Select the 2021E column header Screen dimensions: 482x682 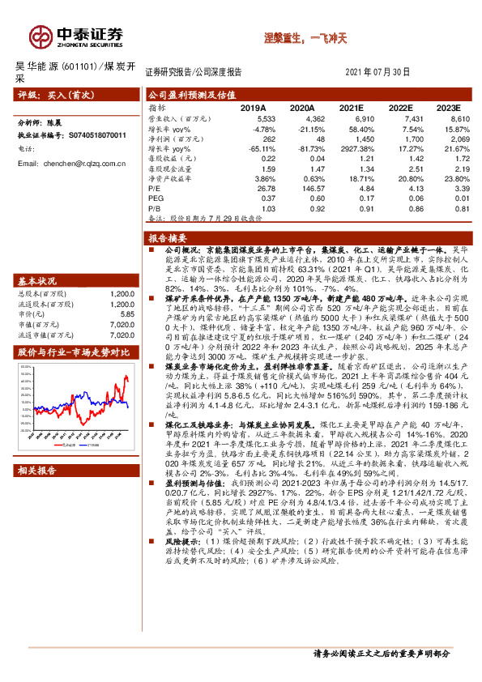pyautogui.click(x=350, y=107)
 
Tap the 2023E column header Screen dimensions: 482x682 pyautogui.click(x=446, y=107)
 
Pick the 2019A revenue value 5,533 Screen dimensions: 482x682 pyautogui.click(x=254, y=118)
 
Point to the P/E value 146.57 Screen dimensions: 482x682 pyautogui.click(x=301, y=188)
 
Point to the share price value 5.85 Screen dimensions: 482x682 pyautogui.click(x=126, y=313)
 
